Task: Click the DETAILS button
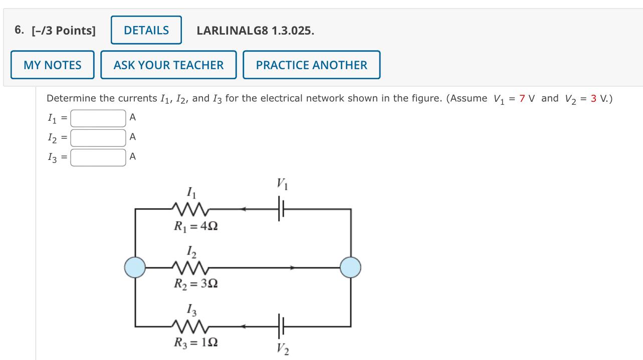[146, 30]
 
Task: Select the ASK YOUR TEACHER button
[168, 65]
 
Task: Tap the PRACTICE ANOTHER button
[311, 65]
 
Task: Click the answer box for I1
[98, 118]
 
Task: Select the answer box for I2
[98, 137]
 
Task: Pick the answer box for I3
[98, 157]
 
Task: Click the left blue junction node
[135, 267]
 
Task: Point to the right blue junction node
[350, 267]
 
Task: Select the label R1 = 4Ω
[195, 226]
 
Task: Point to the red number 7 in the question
[522, 98]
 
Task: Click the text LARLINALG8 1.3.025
[256, 31]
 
